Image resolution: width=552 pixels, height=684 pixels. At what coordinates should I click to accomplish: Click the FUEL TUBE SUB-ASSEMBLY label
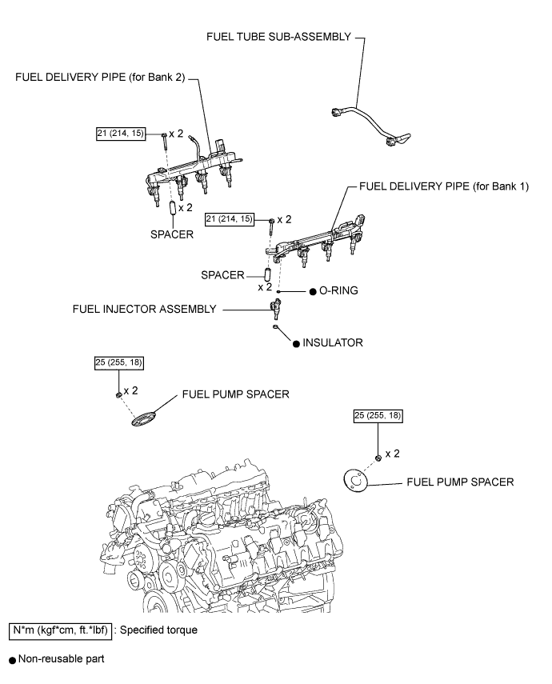[x=278, y=37]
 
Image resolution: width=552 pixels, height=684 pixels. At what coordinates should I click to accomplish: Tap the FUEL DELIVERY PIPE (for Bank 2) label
[x=100, y=78]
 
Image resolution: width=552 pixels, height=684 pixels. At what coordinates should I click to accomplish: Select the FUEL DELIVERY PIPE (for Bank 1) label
[x=444, y=186]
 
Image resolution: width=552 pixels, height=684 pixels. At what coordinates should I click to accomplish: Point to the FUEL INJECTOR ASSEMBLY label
[x=145, y=309]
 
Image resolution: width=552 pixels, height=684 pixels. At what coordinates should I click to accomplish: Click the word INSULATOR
[x=333, y=343]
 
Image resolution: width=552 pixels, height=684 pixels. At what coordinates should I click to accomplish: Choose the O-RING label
[x=338, y=290]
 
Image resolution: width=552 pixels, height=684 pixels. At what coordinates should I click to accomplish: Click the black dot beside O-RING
[x=313, y=292]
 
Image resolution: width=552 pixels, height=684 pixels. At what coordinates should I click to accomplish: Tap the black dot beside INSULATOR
[x=296, y=344]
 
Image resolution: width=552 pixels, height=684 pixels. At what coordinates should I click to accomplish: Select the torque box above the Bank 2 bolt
[x=121, y=134]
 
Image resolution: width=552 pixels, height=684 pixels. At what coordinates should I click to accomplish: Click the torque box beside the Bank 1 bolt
[x=230, y=219]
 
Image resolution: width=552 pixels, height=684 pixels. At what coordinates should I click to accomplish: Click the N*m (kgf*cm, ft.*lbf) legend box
[x=60, y=630]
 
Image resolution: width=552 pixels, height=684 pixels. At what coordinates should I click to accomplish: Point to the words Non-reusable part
[x=61, y=658]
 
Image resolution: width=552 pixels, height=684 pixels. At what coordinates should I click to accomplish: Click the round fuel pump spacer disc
[x=355, y=481]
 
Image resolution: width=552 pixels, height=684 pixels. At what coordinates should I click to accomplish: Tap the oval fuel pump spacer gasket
[x=143, y=418]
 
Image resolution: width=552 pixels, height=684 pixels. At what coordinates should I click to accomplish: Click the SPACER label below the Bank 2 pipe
[x=172, y=234]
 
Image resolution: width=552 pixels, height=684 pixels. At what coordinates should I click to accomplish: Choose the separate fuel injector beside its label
[x=275, y=309]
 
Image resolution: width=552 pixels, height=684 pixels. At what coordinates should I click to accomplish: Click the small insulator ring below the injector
[x=275, y=326]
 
